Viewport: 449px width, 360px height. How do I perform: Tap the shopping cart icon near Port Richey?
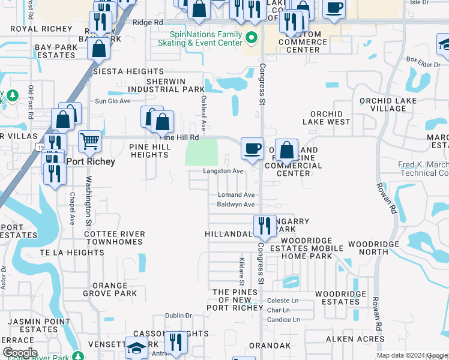(x=89, y=142)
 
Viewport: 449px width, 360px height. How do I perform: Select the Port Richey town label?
(x=90, y=161)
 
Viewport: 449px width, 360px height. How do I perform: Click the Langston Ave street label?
(x=223, y=171)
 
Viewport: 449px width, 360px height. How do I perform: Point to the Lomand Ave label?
(x=236, y=195)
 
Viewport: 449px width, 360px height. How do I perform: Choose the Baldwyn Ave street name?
(x=236, y=205)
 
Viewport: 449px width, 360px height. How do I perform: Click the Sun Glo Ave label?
(x=112, y=101)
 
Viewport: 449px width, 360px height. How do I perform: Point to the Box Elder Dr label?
(x=423, y=61)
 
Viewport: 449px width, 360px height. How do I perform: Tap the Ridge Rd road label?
(x=148, y=22)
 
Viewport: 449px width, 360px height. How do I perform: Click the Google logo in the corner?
(x=20, y=353)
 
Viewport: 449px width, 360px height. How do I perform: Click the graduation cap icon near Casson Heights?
(x=137, y=347)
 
